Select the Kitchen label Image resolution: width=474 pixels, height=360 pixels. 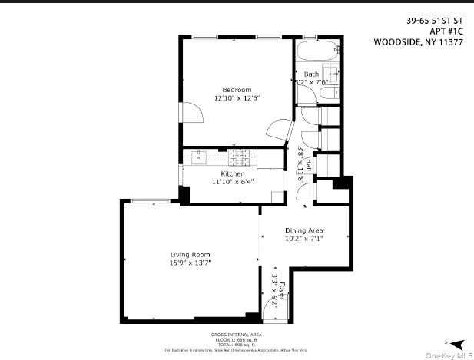[232, 173]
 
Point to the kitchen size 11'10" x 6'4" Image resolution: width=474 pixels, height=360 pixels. [232, 182]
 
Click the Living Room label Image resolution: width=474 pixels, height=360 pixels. [190, 254]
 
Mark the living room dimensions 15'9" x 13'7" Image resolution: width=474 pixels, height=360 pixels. [190, 263]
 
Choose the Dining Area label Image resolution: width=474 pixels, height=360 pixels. [304, 230]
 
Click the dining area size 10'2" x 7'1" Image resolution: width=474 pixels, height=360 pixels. [304, 239]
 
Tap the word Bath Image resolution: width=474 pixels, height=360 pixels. [311, 74]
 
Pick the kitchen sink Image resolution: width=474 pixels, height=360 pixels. [200, 157]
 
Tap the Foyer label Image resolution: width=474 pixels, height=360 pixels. [282, 290]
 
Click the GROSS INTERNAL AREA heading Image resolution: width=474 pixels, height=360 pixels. [237, 335]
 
